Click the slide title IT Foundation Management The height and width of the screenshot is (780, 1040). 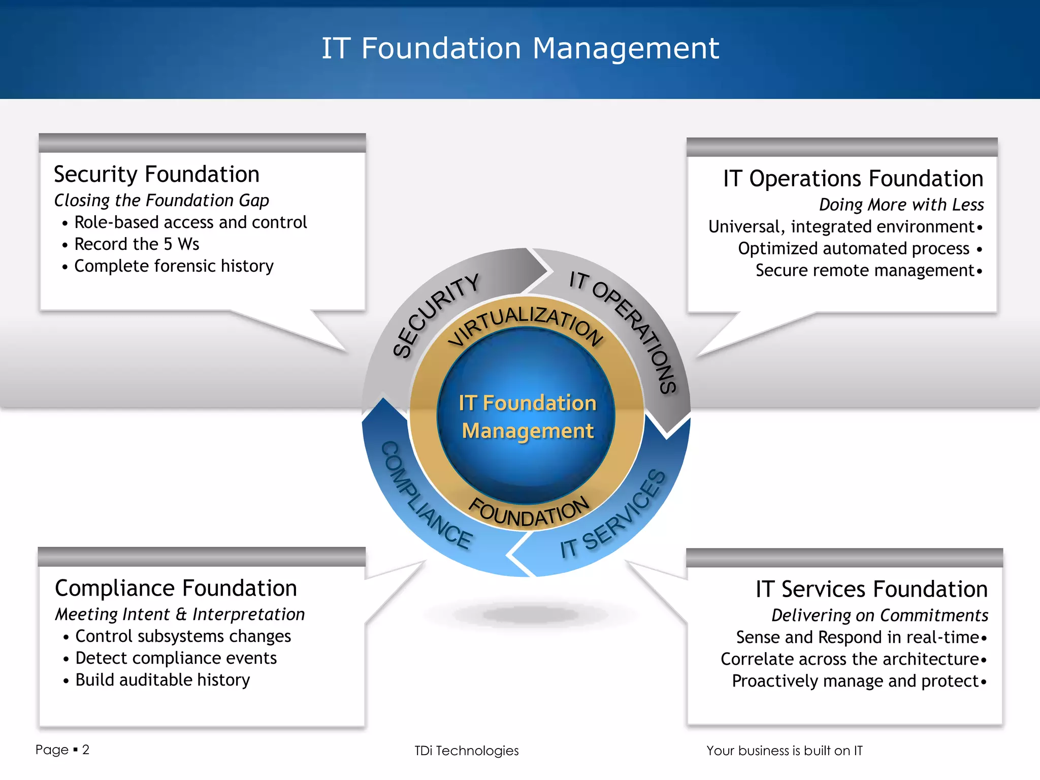coord(520,49)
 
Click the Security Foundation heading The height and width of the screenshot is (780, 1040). coord(156,175)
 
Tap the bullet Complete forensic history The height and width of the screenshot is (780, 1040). coord(174,266)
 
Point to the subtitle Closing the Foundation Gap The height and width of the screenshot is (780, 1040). coord(161,201)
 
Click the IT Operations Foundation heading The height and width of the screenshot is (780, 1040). coord(853,179)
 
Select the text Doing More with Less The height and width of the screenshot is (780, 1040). coord(901,205)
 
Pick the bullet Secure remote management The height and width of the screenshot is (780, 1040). coord(864,271)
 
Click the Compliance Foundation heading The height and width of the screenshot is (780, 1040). coord(176,589)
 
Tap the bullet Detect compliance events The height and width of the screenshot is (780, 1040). coord(176,659)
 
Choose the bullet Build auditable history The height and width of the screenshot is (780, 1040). coord(162,680)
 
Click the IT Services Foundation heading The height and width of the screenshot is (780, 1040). coord(871,590)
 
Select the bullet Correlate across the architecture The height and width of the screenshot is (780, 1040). coord(850,660)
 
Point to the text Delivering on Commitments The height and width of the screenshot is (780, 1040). coord(880,615)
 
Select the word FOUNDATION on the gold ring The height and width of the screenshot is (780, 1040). coord(528,512)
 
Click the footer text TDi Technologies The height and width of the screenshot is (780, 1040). coord(466,751)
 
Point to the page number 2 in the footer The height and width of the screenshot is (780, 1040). coord(86,750)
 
